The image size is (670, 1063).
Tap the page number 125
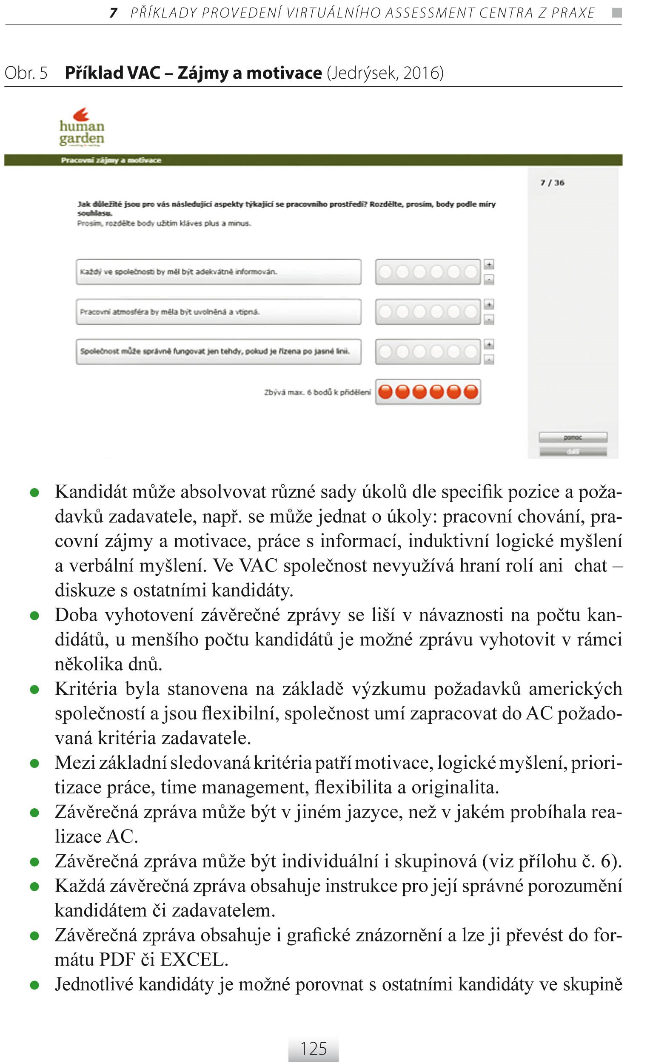click(x=313, y=1049)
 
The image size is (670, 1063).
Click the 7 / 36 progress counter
click(x=552, y=183)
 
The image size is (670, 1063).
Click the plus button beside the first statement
click(x=489, y=264)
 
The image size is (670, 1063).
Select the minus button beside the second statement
click(x=489, y=319)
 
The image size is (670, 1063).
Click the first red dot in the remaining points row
click(x=385, y=392)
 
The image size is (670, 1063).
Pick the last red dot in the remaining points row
click(x=471, y=392)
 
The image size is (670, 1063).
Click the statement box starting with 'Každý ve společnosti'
click(x=218, y=271)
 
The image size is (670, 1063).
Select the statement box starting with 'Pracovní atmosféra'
click(x=218, y=312)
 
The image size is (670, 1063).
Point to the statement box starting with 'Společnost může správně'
click(x=218, y=351)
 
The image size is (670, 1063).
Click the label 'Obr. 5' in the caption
click(x=26, y=73)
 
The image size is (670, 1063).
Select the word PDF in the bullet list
click(x=117, y=960)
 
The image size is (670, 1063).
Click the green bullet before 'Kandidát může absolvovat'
click(x=34, y=493)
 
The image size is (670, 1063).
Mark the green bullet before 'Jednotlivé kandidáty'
click(x=34, y=985)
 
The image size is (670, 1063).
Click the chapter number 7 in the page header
click(x=113, y=13)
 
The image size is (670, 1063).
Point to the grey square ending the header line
click(x=617, y=13)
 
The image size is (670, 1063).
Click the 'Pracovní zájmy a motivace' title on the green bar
click(x=111, y=160)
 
